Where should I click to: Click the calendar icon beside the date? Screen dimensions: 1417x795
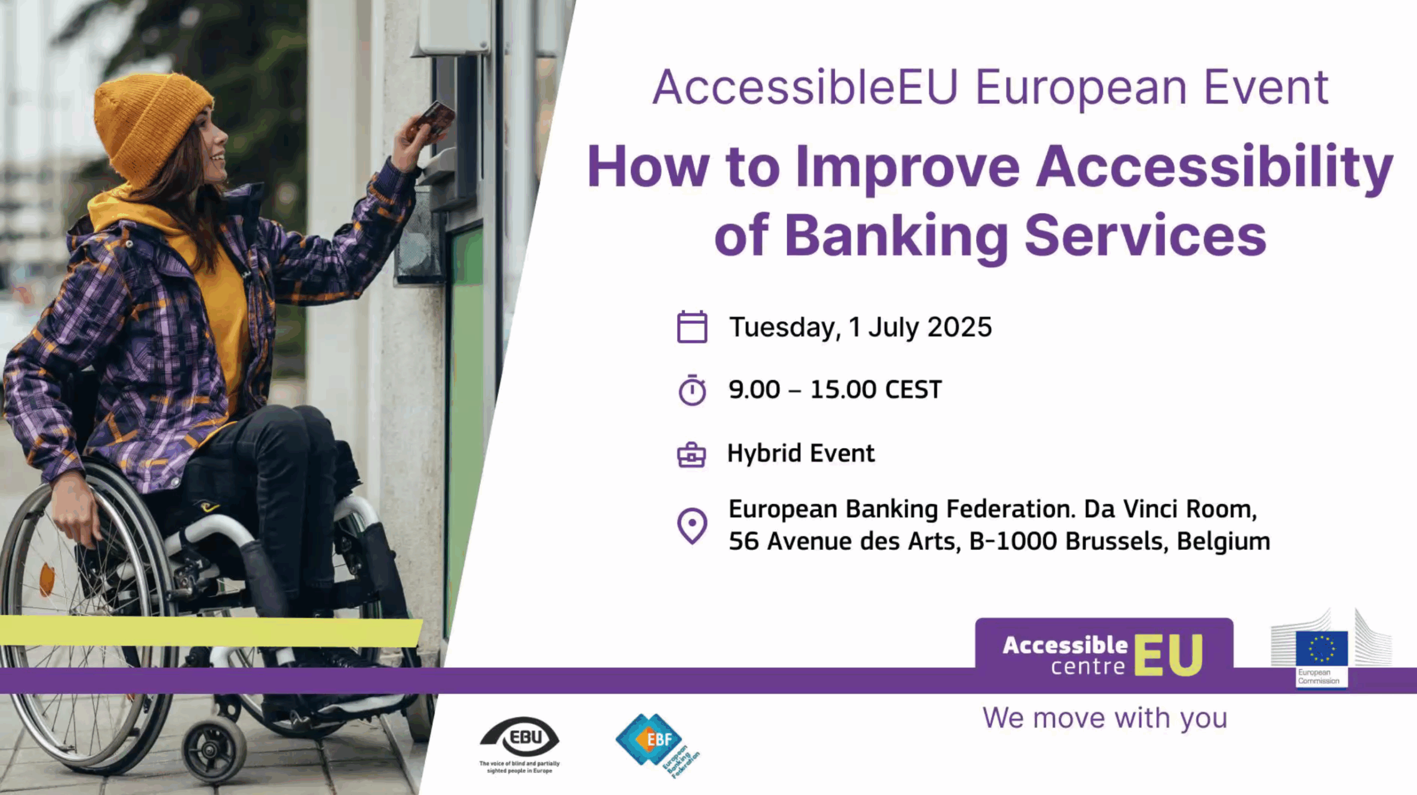pos(692,327)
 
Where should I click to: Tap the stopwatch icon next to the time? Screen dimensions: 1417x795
pos(692,390)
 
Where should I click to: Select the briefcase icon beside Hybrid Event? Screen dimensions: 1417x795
pos(691,455)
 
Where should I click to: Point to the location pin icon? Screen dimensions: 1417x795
pos(692,525)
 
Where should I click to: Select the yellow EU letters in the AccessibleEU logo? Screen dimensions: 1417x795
pos(1168,655)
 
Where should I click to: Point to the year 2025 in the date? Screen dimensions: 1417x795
pos(959,327)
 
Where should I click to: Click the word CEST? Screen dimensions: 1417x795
pos(913,390)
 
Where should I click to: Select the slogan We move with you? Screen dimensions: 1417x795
pos(1105,718)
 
